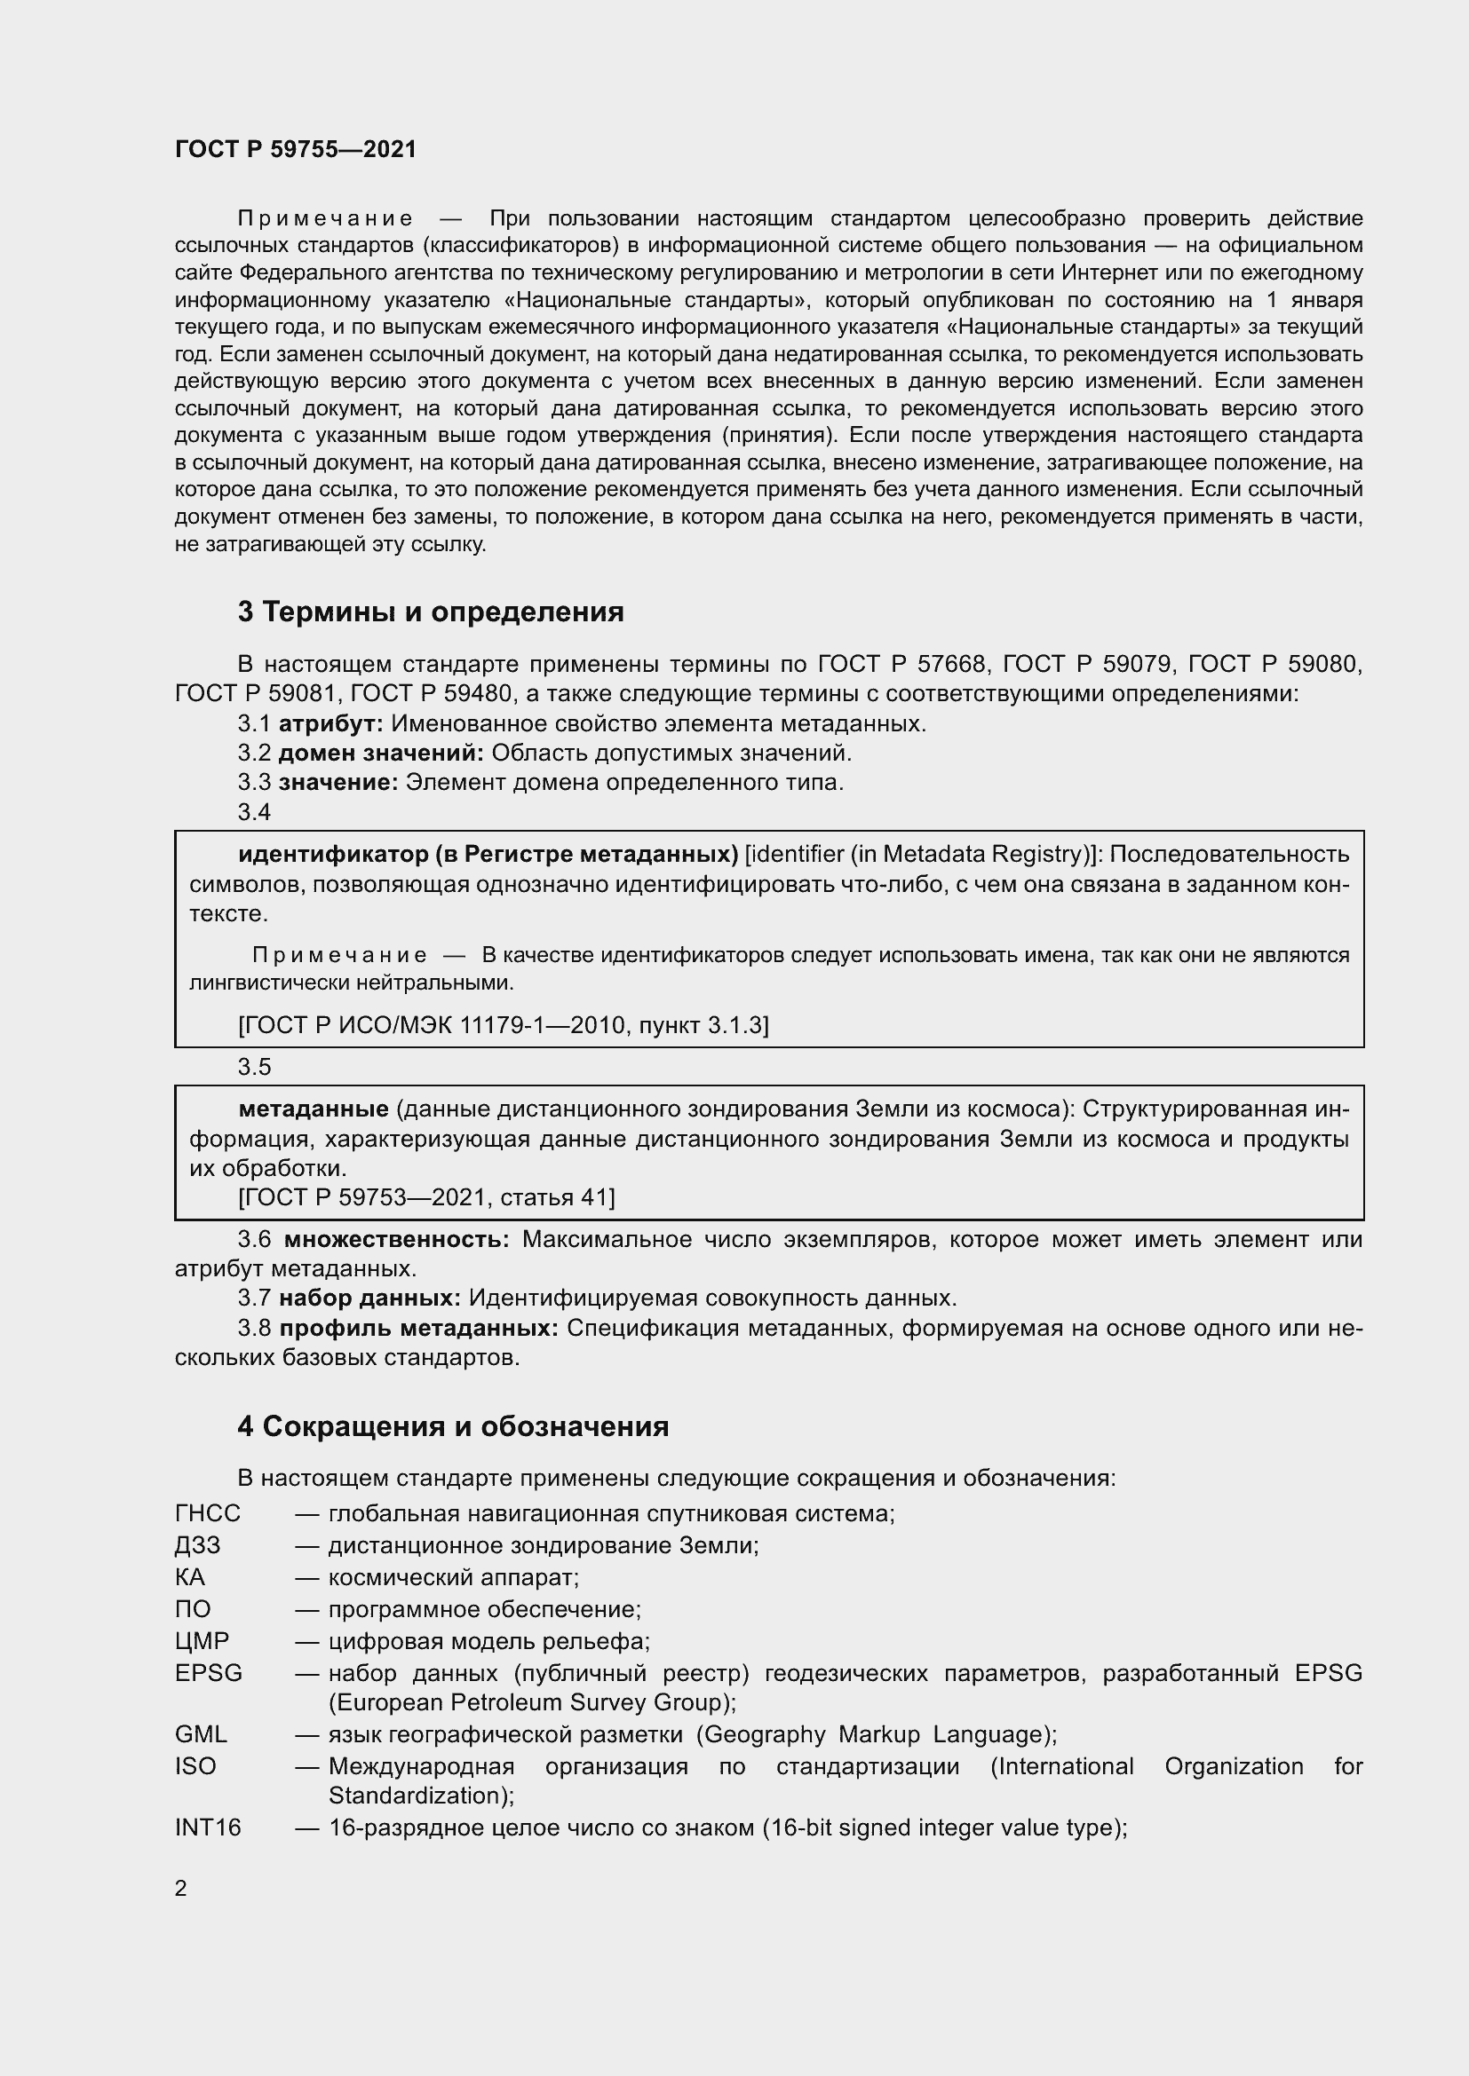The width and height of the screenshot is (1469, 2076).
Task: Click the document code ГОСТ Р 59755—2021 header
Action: [x=296, y=150]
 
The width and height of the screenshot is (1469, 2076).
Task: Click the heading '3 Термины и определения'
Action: [x=431, y=612]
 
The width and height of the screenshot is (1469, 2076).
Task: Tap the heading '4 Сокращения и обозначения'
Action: [x=452, y=1426]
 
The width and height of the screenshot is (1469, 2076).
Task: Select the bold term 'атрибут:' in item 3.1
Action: [x=331, y=723]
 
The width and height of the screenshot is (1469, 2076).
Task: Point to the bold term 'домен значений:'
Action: [x=381, y=753]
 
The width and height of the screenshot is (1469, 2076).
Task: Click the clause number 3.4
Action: [x=254, y=812]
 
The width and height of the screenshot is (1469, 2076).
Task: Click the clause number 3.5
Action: [x=254, y=1067]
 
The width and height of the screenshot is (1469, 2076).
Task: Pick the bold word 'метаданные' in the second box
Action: [x=313, y=1109]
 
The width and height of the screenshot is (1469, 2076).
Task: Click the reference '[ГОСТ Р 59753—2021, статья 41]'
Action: [x=426, y=1197]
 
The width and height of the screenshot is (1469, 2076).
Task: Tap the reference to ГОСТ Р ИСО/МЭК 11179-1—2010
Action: [x=503, y=1024]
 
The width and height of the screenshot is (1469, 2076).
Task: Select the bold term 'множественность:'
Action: [x=396, y=1239]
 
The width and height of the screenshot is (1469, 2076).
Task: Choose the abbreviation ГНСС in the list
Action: [x=207, y=1512]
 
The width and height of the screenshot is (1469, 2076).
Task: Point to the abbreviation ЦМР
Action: [x=202, y=1640]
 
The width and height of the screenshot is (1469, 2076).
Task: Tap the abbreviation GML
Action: [x=201, y=1734]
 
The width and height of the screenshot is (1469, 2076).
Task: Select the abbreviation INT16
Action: [x=208, y=1827]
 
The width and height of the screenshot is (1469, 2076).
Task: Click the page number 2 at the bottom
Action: [x=181, y=1888]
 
